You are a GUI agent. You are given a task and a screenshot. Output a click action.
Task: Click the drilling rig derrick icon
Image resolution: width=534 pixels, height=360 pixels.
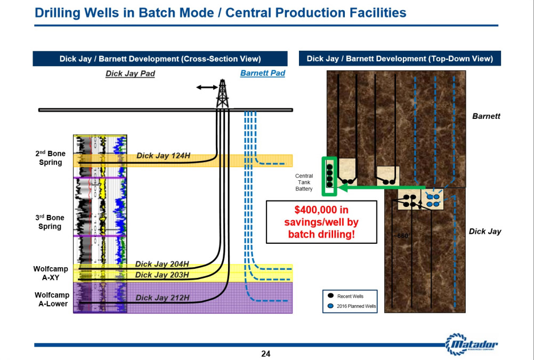(222, 93)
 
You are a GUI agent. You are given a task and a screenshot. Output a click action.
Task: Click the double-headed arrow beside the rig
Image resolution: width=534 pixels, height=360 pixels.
(207, 87)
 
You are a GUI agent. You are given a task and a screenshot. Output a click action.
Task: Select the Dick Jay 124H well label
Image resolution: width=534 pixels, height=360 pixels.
(163, 156)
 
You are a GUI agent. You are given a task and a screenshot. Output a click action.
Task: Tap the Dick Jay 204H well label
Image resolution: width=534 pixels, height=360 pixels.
(162, 264)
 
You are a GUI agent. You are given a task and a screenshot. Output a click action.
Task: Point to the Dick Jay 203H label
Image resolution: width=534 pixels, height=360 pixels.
(162, 275)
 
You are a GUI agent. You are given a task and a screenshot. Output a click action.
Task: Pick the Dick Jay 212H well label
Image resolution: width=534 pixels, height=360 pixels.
(163, 298)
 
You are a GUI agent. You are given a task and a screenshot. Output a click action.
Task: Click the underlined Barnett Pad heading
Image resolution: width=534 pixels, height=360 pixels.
(263, 73)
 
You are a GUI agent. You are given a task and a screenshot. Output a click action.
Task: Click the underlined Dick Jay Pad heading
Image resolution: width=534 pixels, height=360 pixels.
(130, 74)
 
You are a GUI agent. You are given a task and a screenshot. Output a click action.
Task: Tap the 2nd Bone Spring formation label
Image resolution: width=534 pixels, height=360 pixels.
(51, 158)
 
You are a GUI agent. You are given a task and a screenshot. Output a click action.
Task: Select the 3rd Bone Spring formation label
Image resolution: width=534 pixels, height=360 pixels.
(50, 222)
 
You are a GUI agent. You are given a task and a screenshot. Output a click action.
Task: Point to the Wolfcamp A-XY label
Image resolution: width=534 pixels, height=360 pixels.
(51, 273)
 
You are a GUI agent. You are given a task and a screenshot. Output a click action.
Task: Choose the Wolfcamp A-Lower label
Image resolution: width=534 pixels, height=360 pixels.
(52, 299)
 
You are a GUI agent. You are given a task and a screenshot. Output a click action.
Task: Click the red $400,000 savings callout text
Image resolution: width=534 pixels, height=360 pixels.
(321, 222)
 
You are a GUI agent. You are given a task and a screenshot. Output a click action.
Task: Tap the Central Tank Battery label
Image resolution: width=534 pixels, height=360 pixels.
(304, 182)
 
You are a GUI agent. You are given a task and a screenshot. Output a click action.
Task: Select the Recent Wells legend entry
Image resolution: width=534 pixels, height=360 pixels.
(346, 296)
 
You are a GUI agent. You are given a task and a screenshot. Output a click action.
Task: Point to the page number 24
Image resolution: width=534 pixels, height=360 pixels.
(265, 354)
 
